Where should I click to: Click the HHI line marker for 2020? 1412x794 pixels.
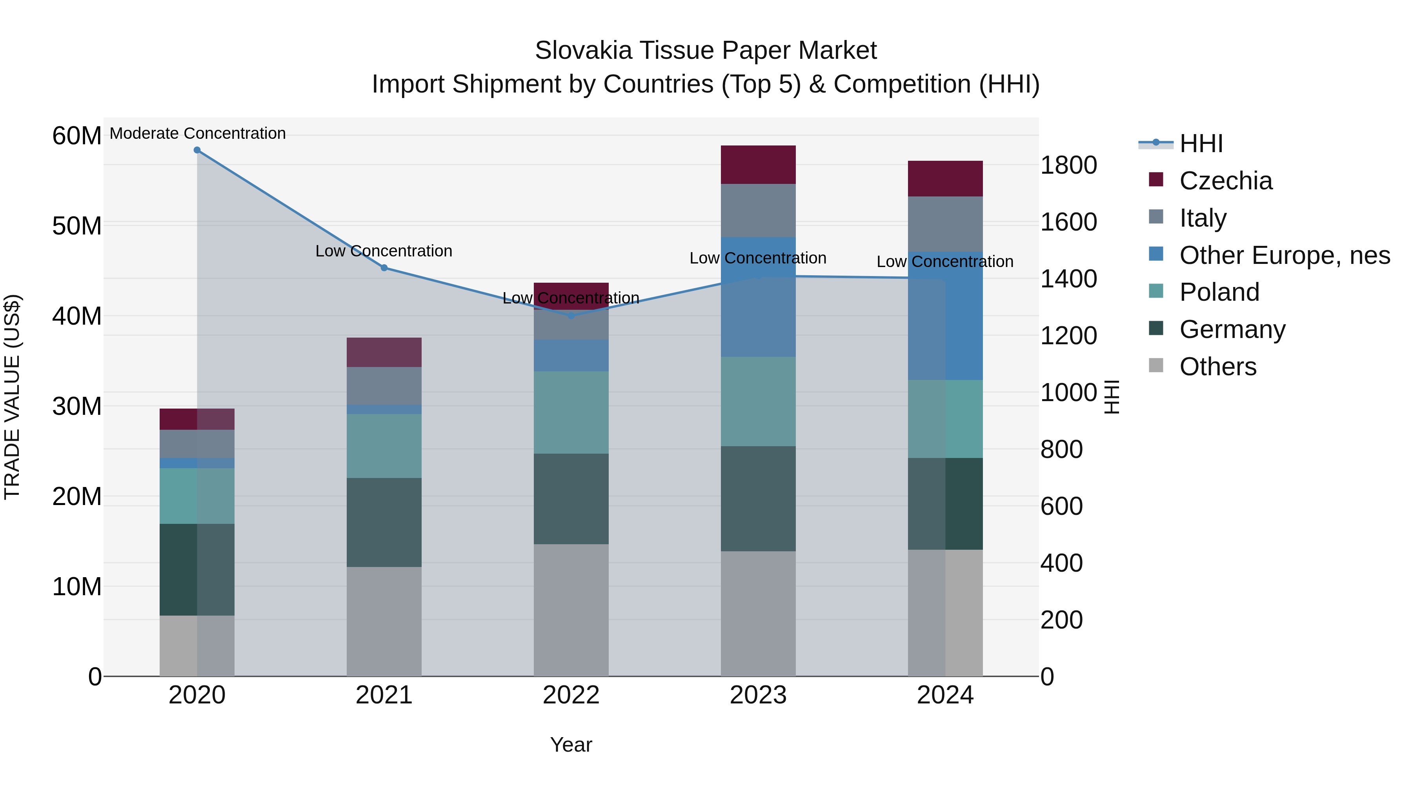click(x=197, y=150)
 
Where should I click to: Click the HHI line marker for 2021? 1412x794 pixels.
click(x=384, y=267)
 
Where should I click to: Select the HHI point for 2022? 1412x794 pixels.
click(x=571, y=316)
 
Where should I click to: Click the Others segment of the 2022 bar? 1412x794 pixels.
click(x=571, y=609)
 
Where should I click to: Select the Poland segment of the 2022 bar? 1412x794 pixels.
click(x=571, y=412)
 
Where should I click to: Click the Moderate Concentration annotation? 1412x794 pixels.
click(x=197, y=133)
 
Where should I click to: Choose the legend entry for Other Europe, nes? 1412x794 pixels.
click(x=1284, y=255)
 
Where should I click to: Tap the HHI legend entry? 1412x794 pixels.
click(x=1201, y=143)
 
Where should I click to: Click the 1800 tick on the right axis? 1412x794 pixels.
click(x=1068, y=165)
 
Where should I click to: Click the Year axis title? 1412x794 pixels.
click(x=571, y=744)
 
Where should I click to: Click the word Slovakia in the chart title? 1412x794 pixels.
click(x=583, y=51)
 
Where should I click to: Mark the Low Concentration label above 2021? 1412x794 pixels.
click(x=384, y=251)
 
